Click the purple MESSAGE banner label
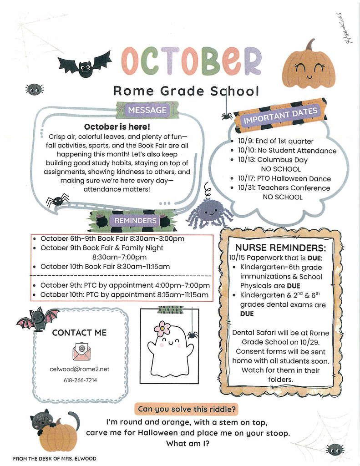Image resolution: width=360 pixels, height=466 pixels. coord(147,110)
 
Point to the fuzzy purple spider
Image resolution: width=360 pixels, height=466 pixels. coord(210,211)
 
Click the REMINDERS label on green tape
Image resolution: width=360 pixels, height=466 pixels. coord(135,221)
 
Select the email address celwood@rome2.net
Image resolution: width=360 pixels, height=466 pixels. coord(79,369)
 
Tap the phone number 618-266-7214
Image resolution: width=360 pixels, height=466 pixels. coord(80,380)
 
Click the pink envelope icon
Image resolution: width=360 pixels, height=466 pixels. coord(82,351)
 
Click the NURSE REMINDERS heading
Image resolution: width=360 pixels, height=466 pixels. coord(280,248)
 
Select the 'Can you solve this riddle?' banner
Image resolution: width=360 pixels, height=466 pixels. coord(186,409)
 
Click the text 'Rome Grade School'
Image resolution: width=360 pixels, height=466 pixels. coord(186,91)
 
